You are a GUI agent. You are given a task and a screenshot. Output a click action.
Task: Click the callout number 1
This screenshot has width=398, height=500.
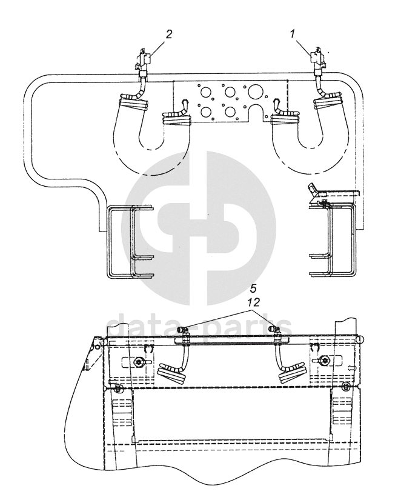[x=292, y=34]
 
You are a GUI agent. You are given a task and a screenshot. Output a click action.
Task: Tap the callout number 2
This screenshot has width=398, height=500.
[x=169, y=34]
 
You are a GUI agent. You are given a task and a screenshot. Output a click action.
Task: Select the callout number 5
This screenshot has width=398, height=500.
[x=253, y=289]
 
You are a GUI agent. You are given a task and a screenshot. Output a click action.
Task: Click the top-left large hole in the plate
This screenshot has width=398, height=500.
[x=206, y=92]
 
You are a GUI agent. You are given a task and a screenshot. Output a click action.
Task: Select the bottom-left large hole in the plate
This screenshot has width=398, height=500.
[x=206, y=112]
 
